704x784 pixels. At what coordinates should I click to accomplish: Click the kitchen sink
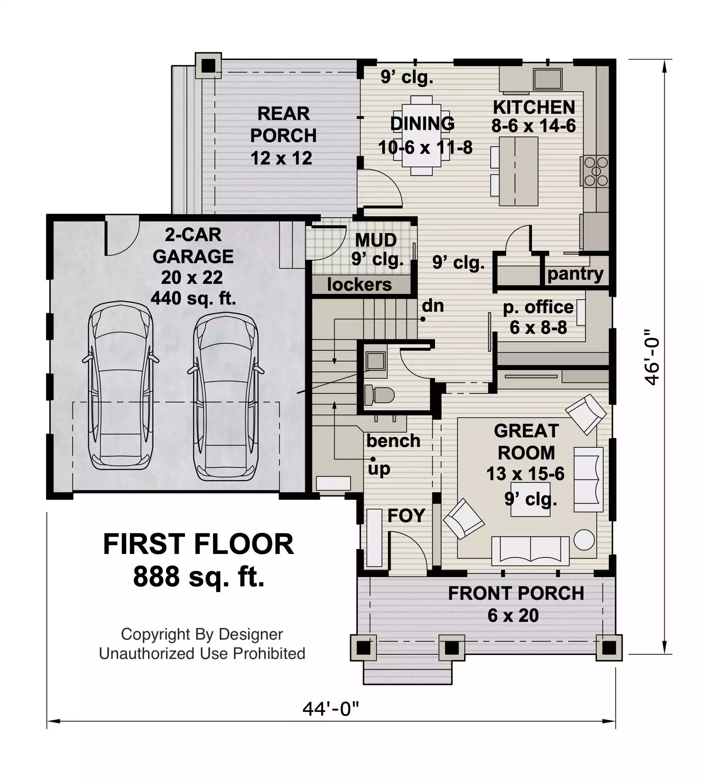pyautogui.click(x=548, y=79)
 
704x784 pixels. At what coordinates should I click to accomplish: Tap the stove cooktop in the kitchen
pyautogui.click(x=595, y=171)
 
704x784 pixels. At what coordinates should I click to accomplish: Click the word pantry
pyautogui.click(x=575, y=274)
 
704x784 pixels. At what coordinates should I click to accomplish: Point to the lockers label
pyautogui.click(x=359, y=285)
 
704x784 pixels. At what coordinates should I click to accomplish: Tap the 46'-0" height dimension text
pyautogui.click(x=652, y=357)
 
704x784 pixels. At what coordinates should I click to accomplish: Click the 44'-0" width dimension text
pyautogui.click(x=331, y=709)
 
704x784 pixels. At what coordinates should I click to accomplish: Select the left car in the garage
pyautogui.click(x=121, y=385)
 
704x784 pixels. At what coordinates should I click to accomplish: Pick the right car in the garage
pyautogui.click(x=226, y=397)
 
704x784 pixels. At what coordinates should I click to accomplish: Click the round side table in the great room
pyautogui.click(x=584, y=540)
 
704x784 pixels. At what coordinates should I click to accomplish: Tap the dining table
pyautogui.click(x=422, y=135)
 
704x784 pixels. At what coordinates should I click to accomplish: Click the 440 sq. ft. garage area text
pyautogui.click(x=193, y=298)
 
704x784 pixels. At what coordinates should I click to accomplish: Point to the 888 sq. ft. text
pyautogui.click(x=199, y=576)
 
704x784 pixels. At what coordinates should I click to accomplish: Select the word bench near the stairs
pyautogui.click(x=393, y=441)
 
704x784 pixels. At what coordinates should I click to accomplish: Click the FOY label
pyautogui.click(x=406, y=515)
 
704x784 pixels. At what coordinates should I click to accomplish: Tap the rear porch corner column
pyautogui.click(x=208, y=65)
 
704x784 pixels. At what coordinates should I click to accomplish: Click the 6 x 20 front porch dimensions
pyautogui.click(x=513, y=615)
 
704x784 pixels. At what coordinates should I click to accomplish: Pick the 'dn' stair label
pyautogui.click(x=433, y=306)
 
